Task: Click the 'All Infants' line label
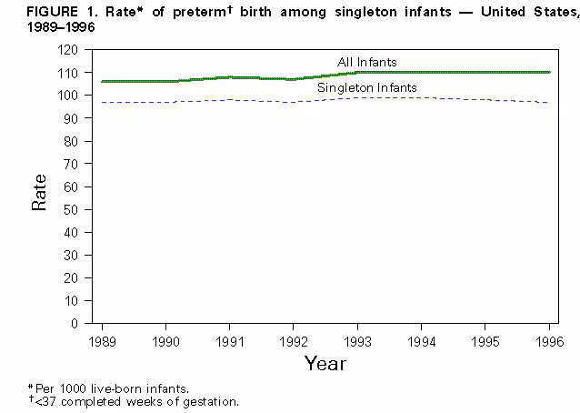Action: click(367, 62)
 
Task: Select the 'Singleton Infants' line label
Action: click(366, 87)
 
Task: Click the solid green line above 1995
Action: click(485, 72)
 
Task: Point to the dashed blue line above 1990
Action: click(165, 102)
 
